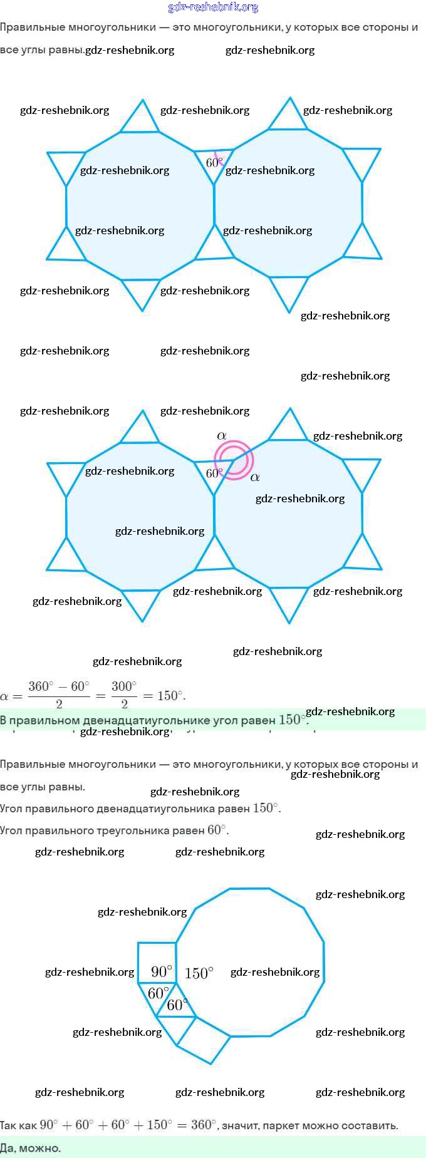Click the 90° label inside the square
[161, 971]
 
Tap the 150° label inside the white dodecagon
[199, 973]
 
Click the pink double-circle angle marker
[234, 460]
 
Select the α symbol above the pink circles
[221, 435]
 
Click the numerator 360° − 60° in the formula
[59, 686]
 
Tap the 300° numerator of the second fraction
[124, 686]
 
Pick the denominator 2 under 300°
[124, 704]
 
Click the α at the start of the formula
[4, 696]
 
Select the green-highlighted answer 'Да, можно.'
[31, 1148]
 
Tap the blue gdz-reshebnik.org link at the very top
[213, 7]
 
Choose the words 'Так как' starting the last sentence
[19, 1125]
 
